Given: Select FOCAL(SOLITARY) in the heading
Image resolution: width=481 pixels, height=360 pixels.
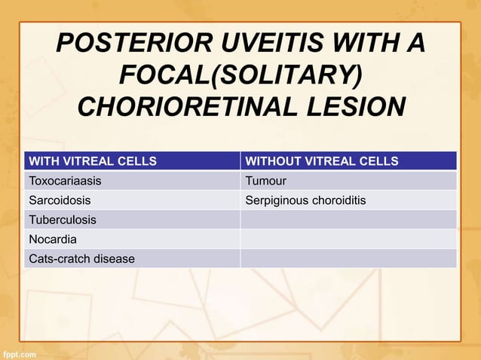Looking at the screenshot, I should tap(240, 75).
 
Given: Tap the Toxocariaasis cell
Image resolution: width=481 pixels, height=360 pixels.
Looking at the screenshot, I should tap(65, 181).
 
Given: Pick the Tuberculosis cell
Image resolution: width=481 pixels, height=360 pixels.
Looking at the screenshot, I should tap(62, 220).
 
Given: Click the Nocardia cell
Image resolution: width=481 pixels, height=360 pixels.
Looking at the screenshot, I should tap(53, 239).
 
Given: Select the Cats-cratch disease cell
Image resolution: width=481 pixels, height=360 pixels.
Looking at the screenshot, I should tap(81, 259).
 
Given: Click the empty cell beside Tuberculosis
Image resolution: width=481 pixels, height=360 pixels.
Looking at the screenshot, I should tap(348, 220).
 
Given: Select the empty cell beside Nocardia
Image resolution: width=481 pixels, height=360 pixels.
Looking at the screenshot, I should tap(348, 239).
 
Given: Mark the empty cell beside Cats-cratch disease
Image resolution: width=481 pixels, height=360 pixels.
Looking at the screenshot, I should tap(348, 259).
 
